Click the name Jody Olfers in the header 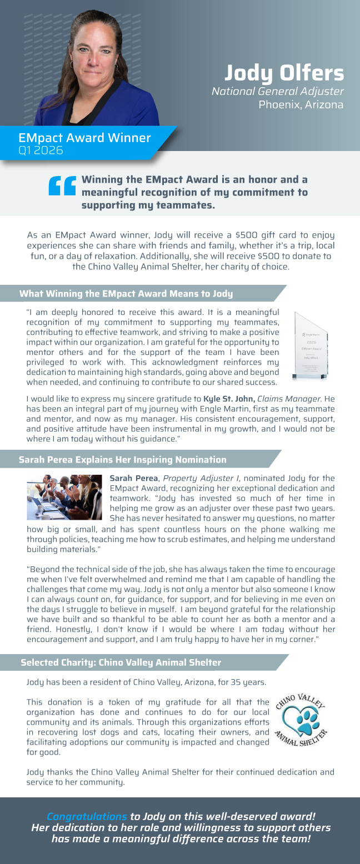[x=284, y=73]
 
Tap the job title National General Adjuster [x=278, y=91]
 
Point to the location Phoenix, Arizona [x=301, y=104]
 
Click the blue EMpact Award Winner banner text [x=84, y=138]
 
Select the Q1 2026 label [x=41, y=150]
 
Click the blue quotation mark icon [x=62, y=186]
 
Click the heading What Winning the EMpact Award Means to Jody [x=126, y=293]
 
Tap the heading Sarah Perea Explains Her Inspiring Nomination [x=123, y=460]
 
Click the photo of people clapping [x=64, y=497]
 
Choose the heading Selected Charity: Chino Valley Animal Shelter [x=121, y=662]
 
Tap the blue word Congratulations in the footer [x=87, y=816]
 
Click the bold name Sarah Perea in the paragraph [x=133, y=478]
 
